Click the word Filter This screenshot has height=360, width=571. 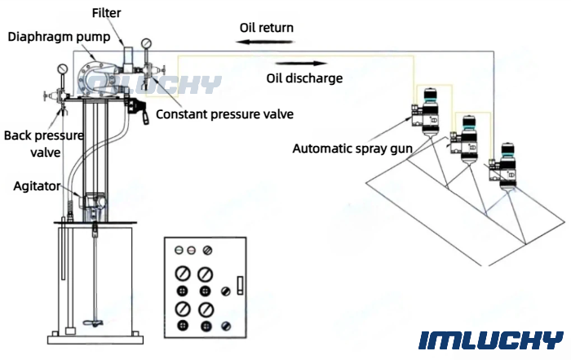click(x=106, y=13)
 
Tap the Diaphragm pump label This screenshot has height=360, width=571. click(x=59, y=37)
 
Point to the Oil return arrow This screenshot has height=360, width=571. click(x=265, y=42)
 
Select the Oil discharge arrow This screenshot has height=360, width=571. click(x=301, y=64)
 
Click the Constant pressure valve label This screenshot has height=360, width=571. click(x=224, y=114)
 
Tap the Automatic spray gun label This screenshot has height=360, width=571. click(x=352, y=149)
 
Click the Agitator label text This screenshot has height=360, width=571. click(x=37, y=186)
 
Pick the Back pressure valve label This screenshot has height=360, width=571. click(x=44, y=144)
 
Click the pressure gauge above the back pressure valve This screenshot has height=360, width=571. click(x=63, y=69)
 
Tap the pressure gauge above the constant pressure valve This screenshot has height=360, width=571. click(x=146, y=44)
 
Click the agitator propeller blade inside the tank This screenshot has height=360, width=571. click(x=95, y=322)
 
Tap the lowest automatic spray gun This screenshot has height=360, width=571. click(x=504, y=167)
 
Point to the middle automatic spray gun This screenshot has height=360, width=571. click(x=465, y=139)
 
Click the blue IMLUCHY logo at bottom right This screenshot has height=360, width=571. click(x=490, y=340)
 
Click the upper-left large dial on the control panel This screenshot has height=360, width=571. click(x=183, y=273)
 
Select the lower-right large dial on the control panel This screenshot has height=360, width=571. click(x=206, y=309)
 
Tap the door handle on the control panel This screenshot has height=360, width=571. click(x=240, y=285)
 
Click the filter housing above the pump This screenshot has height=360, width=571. click(x=129, y=59)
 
